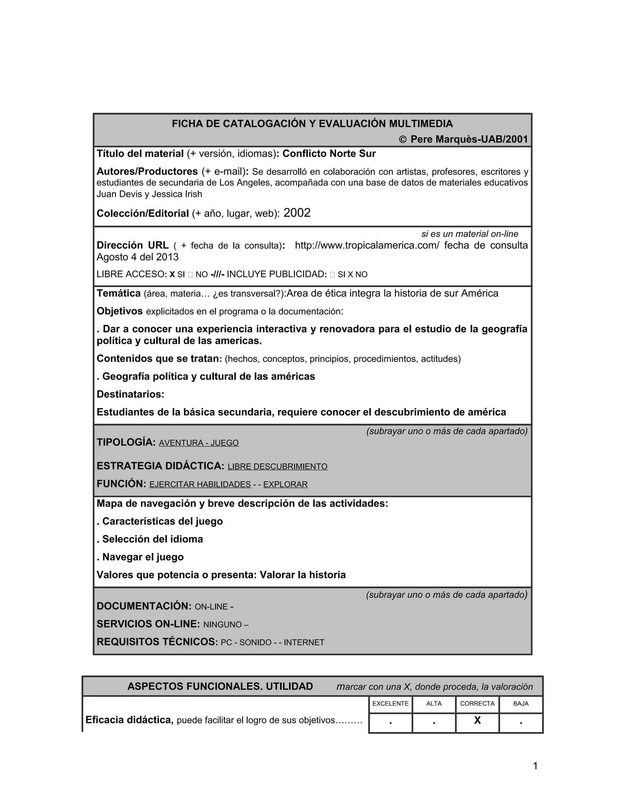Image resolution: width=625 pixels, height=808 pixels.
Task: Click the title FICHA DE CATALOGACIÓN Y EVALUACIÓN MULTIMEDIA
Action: click(x=312, y=123)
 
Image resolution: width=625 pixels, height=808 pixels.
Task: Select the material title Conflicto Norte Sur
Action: click(x=329, y=154)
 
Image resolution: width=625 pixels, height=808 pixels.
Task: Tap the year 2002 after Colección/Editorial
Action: click(x=297, y=213)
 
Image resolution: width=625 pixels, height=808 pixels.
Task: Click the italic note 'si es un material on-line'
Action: click(x=469, y=234)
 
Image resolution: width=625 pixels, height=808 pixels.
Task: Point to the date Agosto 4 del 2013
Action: click(x=137, y=257)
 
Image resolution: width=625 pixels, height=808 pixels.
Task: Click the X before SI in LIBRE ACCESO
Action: click(x=172, y=274)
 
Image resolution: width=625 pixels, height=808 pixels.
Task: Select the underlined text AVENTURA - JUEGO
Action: click(x=199, y=443)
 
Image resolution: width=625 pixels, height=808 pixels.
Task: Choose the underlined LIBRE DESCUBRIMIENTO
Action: click(x=277, y=467)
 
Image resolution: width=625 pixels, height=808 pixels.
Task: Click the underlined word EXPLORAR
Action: click(x=285, y=484)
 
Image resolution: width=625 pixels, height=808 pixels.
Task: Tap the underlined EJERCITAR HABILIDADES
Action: click(x=200, y=484)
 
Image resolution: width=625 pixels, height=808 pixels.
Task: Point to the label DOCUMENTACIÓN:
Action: click(x=144, y=606)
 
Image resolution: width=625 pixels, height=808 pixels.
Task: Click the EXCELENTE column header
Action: click(x=390, y=703)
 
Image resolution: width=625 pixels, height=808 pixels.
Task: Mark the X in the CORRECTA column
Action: click(x=477, y=720)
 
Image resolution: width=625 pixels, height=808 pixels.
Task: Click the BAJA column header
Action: click(x=521, y=703)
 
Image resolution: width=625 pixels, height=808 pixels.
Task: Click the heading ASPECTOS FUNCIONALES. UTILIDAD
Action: click(x=220, y=686)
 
